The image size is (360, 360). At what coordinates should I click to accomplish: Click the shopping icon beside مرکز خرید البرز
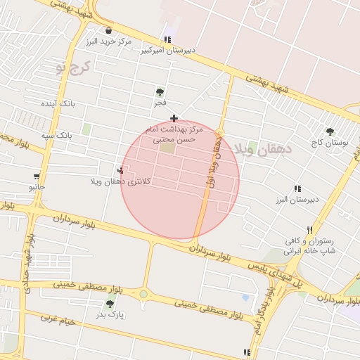pos(109,30)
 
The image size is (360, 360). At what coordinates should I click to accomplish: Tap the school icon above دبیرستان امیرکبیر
pos(167,40)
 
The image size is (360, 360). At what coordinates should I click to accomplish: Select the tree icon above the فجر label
pos(161,91)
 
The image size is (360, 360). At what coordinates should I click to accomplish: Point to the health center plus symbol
pos(174,118)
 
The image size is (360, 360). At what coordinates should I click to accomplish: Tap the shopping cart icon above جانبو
pos(36,176)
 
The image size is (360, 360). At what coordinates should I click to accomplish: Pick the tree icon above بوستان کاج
pos(329,131)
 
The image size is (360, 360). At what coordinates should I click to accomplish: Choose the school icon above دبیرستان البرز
pos(297,188)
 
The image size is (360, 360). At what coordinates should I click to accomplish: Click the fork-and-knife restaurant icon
pos(309,230)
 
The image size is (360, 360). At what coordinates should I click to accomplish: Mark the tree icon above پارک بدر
pos(110,304)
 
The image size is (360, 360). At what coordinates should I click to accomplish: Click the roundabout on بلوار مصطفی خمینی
pos(143,294)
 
